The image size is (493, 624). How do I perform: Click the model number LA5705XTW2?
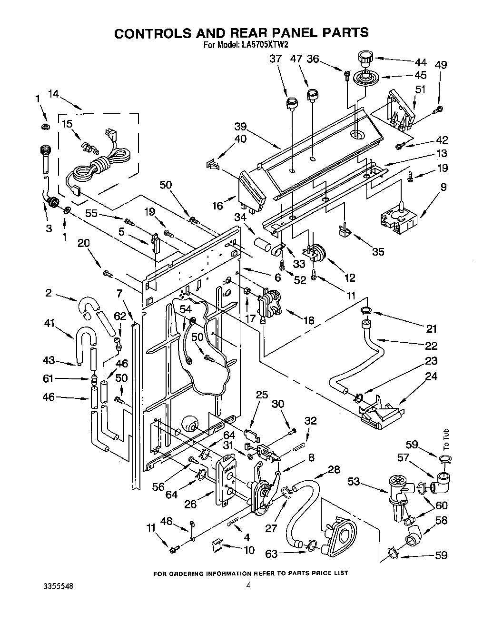262,46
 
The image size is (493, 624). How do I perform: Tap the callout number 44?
420,62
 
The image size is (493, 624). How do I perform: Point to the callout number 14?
53,94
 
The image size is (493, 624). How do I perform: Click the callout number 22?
431,345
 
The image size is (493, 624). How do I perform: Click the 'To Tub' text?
445,440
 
